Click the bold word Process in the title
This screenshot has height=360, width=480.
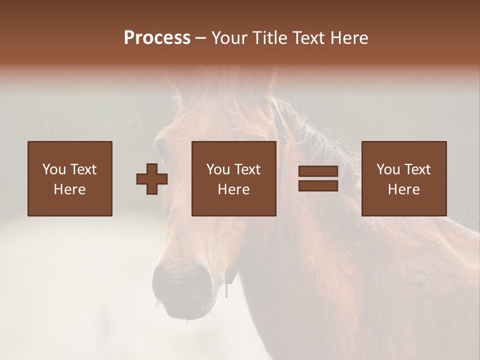[157, 38]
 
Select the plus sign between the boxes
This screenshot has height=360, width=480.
[152, 179]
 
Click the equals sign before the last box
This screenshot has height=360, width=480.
[318, 178]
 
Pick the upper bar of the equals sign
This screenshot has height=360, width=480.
[318, 171]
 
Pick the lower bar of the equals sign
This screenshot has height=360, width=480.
[318, 185]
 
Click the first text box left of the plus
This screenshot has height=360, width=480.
[69, 178]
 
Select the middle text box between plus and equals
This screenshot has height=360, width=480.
[233, 178]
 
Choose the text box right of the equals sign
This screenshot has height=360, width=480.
[403, 178]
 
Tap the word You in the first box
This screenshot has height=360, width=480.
[54, 169]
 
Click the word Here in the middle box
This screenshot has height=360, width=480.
[233, 189]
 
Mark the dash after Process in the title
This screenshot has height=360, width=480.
[201, 38]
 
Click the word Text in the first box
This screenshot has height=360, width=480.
[83, 169]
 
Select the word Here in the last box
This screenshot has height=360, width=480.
[403, 189]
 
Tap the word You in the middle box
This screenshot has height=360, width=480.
[218, 169]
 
